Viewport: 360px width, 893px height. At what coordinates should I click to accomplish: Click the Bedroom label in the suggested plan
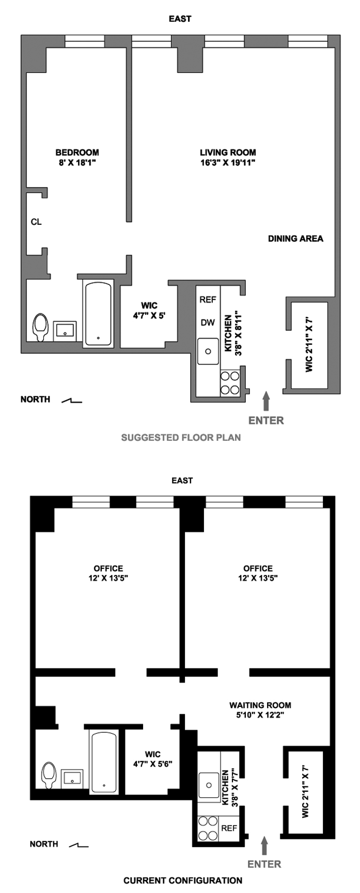pyautogui.click(x=77, y=152)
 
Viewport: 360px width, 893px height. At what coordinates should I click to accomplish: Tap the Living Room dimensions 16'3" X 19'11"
pyautogui.click(x=228, y=163)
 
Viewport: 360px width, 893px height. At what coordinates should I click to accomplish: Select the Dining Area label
pyautogui.click(x=295, y=239)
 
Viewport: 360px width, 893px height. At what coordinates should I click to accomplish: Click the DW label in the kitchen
pyautogui.click(x=208, y=323)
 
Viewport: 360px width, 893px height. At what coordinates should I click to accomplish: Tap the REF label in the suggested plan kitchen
pyautogui.click(x=208, y=300)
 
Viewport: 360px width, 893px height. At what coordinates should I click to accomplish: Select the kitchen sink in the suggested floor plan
pyautogui.click(x=208, y=351)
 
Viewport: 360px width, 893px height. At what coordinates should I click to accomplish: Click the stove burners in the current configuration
pyautogui.click(x=208, y=828)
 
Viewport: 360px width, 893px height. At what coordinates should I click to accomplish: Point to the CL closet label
pyautogui.click(x=36, y=222)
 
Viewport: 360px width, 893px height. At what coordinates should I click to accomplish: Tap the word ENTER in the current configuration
pyautogui.click(x=264, y=864)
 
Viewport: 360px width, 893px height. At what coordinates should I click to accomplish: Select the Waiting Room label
pyautogui.click(x=260, y=705)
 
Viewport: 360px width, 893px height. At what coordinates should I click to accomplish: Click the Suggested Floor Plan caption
pyautogui.click(x=181, y=438)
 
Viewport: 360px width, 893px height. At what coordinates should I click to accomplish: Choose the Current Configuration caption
pyautogui.click(x=183, y=881)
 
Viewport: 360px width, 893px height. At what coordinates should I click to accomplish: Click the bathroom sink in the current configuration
pyautogui.click(x=72, y=777)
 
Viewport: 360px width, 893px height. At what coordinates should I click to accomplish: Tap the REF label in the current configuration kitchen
pyautogui.click(x=229, y=828)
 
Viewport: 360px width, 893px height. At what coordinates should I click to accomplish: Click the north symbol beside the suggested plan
pyautogui.click(x=71, y=401)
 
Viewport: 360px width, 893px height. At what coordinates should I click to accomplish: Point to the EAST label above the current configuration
pyautogui.click(x=182, y=481)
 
